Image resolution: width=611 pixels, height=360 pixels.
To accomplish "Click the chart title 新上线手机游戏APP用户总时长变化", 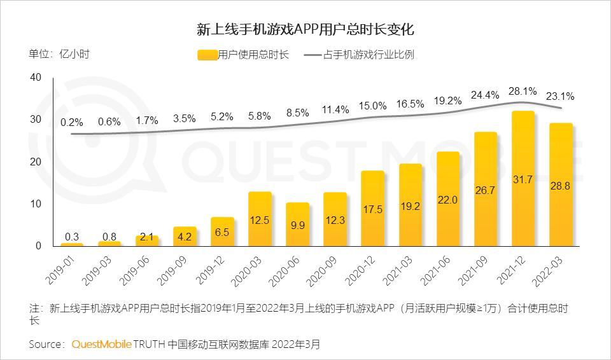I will (x=305, y=30).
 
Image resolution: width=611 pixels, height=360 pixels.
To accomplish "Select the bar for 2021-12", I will (x=523, y=179).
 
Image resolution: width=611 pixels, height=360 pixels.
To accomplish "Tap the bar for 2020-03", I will (x=260, y=219).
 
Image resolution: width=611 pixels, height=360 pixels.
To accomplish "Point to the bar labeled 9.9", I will (x=297, y=225).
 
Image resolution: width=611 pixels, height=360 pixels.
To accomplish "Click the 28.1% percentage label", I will (x=521, y=91).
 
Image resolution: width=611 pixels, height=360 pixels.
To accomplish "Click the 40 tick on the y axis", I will (x=35, y=78).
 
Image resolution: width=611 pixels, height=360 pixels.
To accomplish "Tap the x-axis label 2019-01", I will (x=62, y=269).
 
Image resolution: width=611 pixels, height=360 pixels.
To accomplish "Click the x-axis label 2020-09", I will (x=325, y=269).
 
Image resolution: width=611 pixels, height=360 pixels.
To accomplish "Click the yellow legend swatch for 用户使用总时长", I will (x=207, y=55).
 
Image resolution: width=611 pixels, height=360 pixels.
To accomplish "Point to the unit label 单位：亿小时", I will (x=59, y=54).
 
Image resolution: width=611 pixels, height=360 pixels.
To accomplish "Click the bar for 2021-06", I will (x=447, y=199).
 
